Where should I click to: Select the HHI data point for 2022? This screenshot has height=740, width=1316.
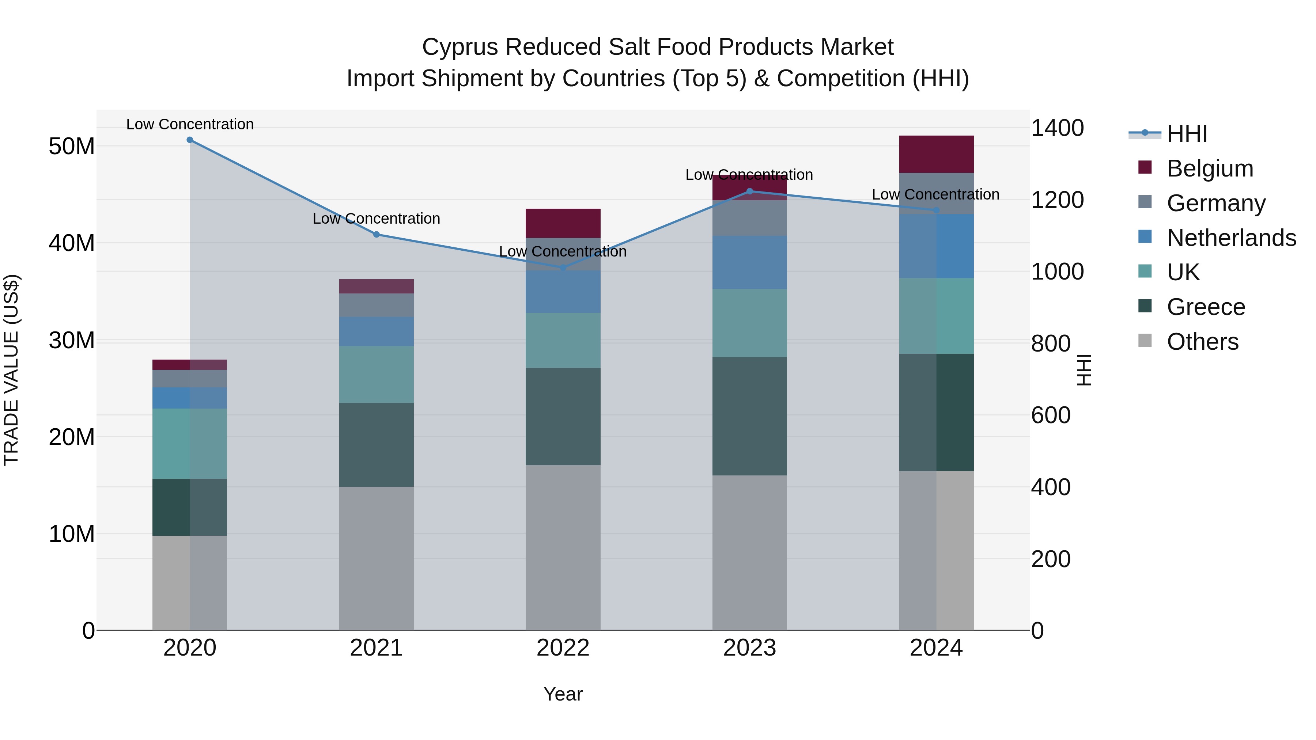563,267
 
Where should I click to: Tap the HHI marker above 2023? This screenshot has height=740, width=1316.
749,191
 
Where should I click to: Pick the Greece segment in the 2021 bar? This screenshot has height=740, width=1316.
376,444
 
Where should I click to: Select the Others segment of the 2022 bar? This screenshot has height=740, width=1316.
563,547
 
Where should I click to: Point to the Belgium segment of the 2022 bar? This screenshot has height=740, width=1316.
563,223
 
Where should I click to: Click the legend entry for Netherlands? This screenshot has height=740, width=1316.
1231,238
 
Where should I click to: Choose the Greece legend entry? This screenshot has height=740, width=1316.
1206,307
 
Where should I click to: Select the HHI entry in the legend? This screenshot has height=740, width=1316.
1187,134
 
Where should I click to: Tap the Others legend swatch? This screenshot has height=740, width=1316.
1145,341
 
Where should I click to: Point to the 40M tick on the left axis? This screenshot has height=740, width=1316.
72,243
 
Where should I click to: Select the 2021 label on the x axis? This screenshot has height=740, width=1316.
376,648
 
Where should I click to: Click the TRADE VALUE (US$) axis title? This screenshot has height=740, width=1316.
11,370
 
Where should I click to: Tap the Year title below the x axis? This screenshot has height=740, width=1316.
563,694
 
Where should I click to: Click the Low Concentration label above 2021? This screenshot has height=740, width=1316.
376,219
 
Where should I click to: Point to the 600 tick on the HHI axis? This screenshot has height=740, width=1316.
1050,415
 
